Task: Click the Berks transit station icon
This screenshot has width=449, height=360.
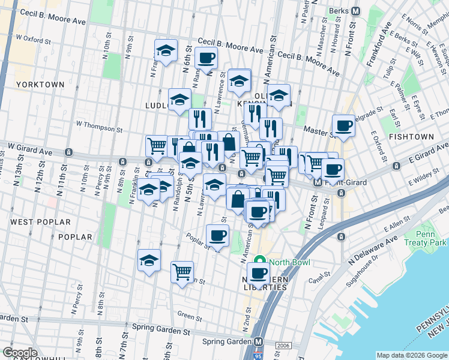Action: (355, 11)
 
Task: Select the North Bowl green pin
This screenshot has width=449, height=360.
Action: (261, 262)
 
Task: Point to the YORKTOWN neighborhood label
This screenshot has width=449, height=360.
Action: (40, 85)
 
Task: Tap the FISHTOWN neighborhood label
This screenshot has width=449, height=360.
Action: (411, 137)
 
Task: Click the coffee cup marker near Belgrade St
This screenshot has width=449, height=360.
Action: (343, 125)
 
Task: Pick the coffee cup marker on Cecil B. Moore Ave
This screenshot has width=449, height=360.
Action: (206, 58)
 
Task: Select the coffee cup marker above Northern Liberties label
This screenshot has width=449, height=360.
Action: (258, 273)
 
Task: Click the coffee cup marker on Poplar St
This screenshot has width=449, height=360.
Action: (217, 235)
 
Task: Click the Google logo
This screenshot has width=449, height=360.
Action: (20, 353)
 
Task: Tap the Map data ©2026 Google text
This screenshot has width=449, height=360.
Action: (411, 355)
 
